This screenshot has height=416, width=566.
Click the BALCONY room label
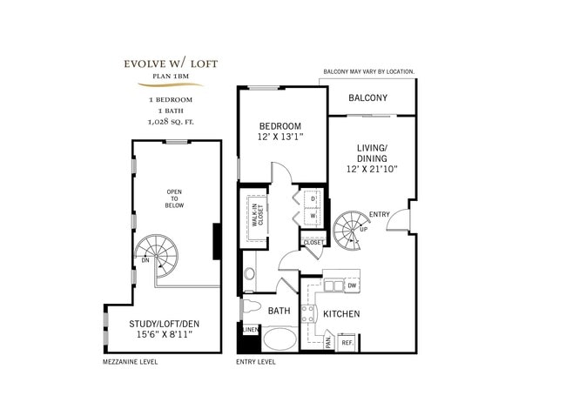tap(367, 98)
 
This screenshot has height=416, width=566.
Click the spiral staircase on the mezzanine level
tap(153, 253)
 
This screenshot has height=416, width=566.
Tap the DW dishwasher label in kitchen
tap(352, 285)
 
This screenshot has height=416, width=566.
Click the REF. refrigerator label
tap(346, 343)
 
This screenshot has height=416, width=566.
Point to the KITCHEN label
tap(342, 313)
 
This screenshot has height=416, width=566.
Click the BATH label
tap(279, 311)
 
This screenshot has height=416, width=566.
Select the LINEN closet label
tap(250, 330)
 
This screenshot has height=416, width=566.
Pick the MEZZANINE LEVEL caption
tap(130, 361)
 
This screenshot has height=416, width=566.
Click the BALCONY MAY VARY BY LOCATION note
tap(381, 71)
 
